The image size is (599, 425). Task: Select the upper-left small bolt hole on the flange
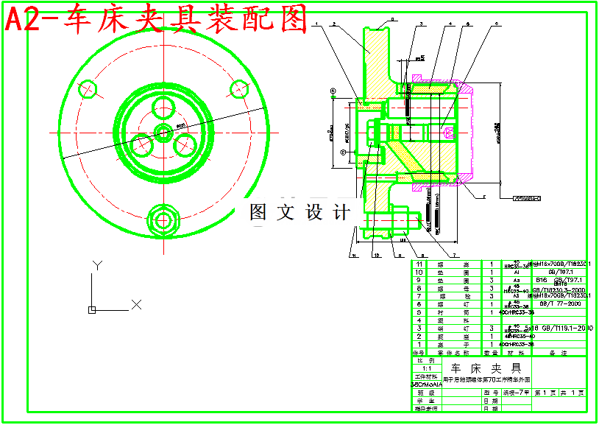[87, 89]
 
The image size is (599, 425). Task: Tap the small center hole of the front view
[163, 133]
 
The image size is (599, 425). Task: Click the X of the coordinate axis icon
[136, 303]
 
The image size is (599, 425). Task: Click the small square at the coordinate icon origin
[92, 309]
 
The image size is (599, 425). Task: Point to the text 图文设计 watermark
[300, 213]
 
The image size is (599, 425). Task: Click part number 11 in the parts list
[419, 264]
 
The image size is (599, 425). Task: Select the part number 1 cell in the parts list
[419, 344]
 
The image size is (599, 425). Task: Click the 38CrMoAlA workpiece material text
[426, 384]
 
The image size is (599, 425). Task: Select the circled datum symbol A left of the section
[333, 91]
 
